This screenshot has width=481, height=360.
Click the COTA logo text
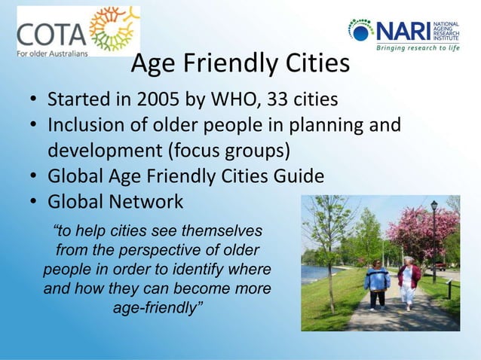click(x=49, y=33)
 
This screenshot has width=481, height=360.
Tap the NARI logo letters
click(x=403, y=31)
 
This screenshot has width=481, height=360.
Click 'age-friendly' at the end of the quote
click(x=158, y=308)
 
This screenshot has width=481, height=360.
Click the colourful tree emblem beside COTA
click(x=114, y=30)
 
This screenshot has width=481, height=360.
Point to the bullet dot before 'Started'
click(x=35, y=101)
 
